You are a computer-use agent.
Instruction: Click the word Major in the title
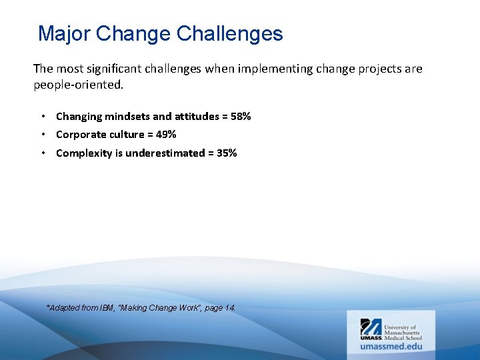click(x=65, y=34)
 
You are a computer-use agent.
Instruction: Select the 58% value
click(x=241, y=117)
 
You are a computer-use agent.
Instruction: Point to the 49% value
click(x=166, y=135)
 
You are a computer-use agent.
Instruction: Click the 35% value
click(x=227, y=153)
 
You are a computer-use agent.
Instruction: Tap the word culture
click(x=127, y=135)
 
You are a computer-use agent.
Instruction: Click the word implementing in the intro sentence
click(x=261, y=69)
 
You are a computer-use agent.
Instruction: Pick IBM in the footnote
click(x=107, y=308)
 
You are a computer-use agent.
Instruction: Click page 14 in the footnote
click(x=221, y=308)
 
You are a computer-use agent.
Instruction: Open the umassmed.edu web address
click(x=391, y=346)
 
